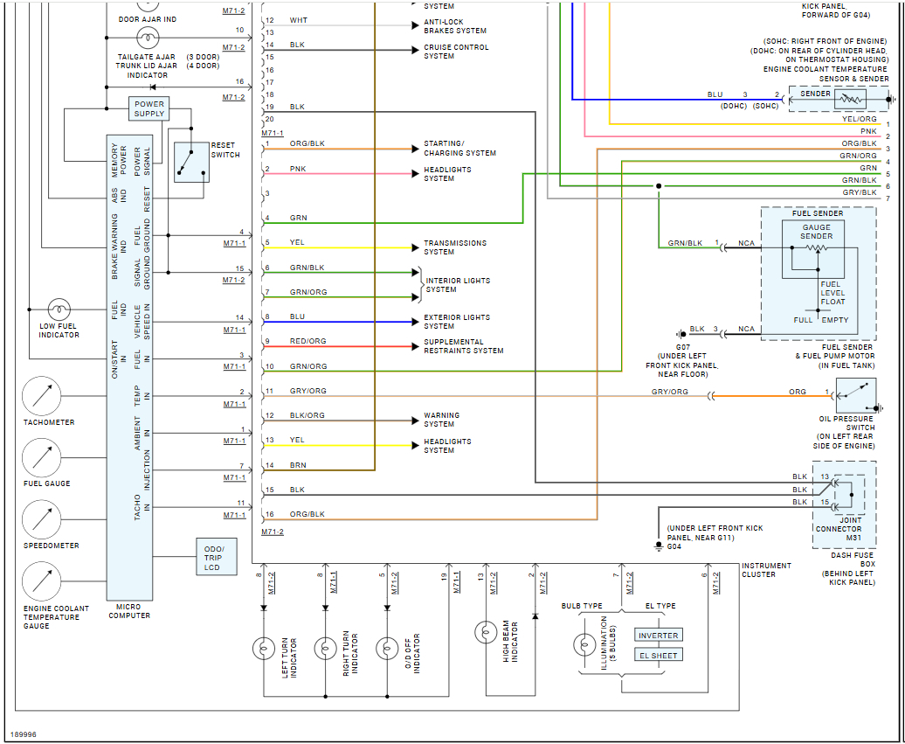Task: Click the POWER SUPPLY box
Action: [149, 108]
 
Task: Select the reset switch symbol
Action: [191, 162]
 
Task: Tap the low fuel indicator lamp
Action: [59, 309]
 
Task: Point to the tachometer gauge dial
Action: [41, 396]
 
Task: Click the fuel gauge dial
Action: [41, 457]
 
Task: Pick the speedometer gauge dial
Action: [41, 519]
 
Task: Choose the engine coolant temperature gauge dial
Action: [41, 581]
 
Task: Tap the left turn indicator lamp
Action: [264, 648]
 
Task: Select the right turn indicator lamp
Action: [325, 648]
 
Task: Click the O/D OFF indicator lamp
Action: [387, 648]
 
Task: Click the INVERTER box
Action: [659, 636]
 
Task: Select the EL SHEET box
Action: [659, 655]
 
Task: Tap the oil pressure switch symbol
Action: [856, 396]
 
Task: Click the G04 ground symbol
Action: [659, 546]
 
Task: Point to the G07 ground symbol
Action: [680, 334]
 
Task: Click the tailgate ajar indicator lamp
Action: [148, 37]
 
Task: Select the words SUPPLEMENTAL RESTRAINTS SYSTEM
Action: [463, 346]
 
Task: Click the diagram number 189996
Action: [24, 734]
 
